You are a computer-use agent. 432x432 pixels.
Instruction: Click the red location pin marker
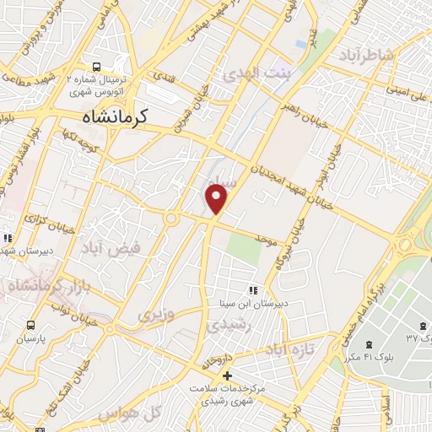(217, 199)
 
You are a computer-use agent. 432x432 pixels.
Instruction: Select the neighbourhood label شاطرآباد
(368, 56)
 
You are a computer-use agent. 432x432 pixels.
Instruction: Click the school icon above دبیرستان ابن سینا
(253, 289)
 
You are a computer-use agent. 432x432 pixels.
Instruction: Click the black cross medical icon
(226, 374)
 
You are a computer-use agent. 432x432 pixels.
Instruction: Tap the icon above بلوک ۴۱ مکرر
(368, 343)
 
